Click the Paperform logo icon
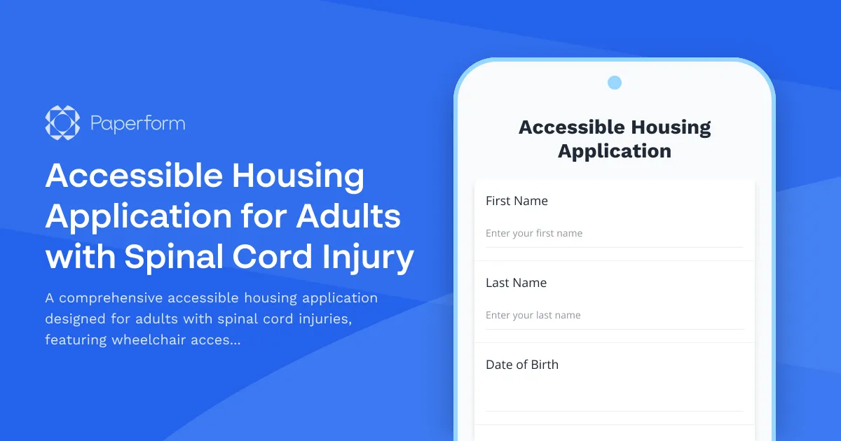(62, 123)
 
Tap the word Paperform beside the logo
(138, 124)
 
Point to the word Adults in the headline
(348, 216)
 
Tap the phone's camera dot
(615, 83)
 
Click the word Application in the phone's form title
(615, 150)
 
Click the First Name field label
(517, 201)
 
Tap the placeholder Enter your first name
(534, 233)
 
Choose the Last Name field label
(516, 283)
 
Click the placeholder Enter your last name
(533, 315)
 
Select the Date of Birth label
(522, 365)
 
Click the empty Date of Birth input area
(614, 397)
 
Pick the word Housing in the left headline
(299, 175)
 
